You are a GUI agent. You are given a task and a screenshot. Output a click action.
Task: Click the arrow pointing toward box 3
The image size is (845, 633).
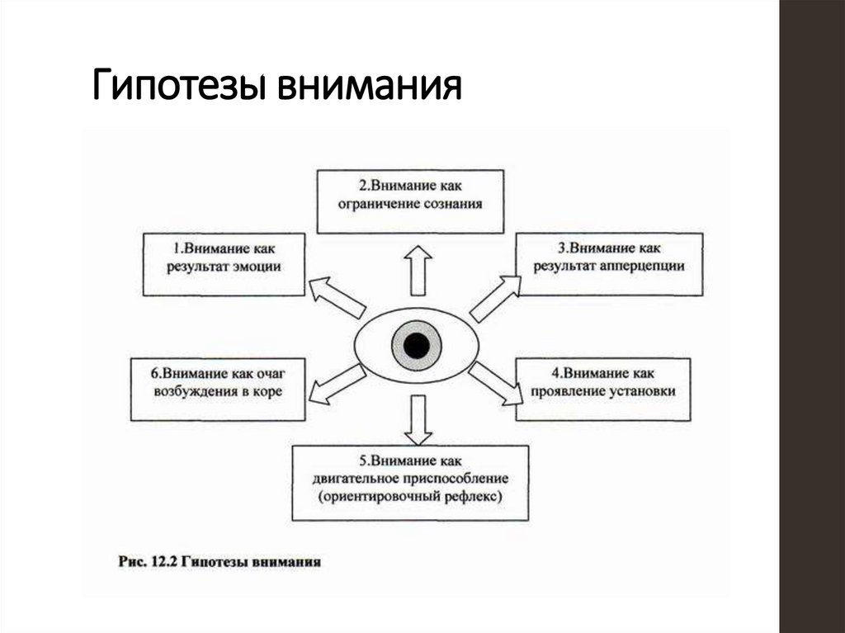495,297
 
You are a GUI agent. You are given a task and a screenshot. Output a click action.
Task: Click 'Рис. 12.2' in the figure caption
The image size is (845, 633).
144,562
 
